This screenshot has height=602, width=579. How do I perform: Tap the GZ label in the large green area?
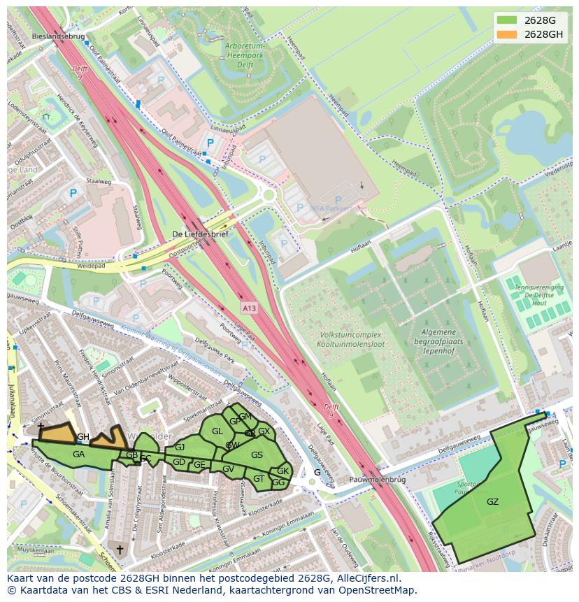coord(492,501)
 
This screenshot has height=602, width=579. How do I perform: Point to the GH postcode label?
coord(83,437)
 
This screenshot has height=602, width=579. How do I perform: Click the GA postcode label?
coord(78,454)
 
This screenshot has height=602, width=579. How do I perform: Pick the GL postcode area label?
coord(217,431)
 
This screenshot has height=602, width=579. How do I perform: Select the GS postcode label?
coord(257,455)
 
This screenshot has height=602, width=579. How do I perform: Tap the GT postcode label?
coord(259,479)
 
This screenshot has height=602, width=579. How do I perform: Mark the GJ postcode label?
coord(180,447)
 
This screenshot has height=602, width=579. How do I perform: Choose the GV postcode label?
coord(228,468)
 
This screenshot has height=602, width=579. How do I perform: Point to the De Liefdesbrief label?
coord(199,234)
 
